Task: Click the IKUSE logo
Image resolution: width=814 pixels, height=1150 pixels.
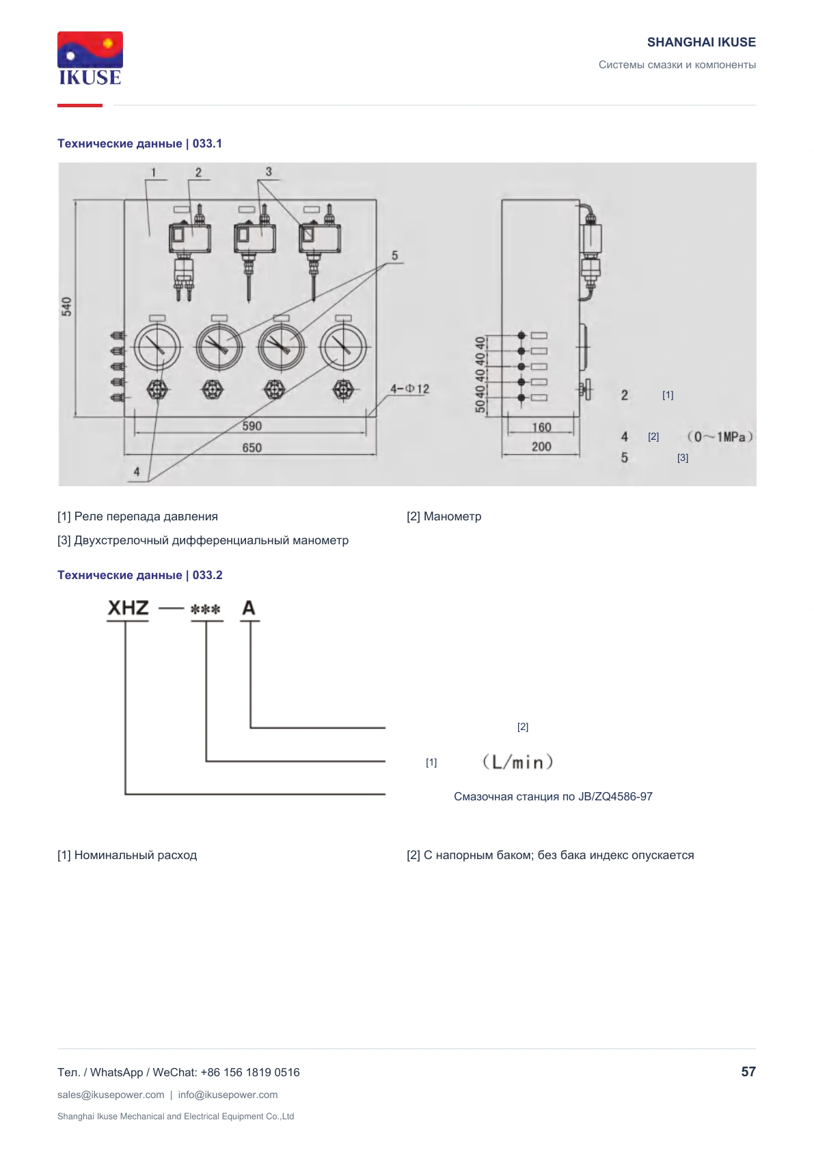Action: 90,59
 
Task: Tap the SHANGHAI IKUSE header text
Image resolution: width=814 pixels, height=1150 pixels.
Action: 701,42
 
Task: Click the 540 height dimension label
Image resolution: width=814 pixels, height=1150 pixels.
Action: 67,307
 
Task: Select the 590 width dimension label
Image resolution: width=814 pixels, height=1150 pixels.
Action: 252,425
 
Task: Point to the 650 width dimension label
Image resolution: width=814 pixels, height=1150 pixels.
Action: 252,448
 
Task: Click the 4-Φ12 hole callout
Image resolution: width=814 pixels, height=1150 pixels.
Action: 409,389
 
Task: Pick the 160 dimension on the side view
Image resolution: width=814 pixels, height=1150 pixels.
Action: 541,427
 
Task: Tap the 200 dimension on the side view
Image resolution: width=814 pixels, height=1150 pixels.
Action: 541,447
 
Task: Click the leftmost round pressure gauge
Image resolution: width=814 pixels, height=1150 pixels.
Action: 157,347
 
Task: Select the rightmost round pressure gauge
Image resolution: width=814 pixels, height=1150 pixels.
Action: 343,347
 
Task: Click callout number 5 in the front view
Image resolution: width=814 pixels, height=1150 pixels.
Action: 394,255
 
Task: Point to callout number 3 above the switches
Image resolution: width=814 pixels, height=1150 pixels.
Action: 268,171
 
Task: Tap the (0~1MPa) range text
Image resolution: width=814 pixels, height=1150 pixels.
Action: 720,437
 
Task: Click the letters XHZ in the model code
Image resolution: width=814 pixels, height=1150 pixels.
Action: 128,608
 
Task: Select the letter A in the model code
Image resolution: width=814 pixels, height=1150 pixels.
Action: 249,608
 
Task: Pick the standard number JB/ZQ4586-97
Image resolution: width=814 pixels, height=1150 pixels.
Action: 615,796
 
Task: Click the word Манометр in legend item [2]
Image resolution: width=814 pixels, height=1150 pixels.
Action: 452,516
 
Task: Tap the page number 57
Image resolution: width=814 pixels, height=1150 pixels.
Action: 748,1071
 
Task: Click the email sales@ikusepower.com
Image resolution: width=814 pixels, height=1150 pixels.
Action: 111,1095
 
